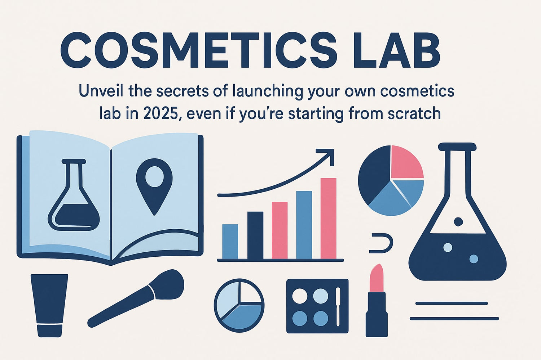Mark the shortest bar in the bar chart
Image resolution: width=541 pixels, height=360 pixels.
click(x=230, y=241)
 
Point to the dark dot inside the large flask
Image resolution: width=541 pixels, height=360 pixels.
click(x=458, y=221)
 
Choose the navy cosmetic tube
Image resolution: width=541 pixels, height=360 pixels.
click(x=49, y=304)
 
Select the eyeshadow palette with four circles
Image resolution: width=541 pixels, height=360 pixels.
click(x=317, y=306)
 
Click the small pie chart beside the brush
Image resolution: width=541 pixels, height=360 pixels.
click(x=239, y=305)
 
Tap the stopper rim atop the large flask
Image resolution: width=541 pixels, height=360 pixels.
click(x=457, y=147)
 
